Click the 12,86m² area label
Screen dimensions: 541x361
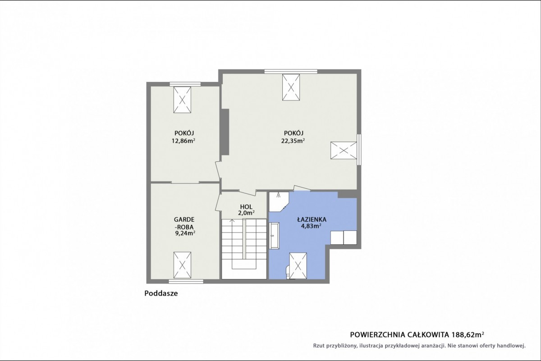(183, 141)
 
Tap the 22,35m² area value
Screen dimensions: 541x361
(293, 141)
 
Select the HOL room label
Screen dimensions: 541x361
(246, 207)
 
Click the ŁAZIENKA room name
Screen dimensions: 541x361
(312, 219)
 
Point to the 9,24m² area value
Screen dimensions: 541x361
(185, 233)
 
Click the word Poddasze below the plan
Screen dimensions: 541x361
(161, 293)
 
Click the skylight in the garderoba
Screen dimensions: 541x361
(182, 265)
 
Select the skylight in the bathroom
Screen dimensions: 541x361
(298, 265)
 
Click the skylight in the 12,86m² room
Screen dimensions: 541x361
(182, 100)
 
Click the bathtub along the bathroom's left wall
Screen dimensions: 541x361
(275, 235)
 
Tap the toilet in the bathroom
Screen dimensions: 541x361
(288, 272)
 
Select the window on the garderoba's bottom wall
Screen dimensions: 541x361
(186, 281)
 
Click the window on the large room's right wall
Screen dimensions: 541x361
(359, 150)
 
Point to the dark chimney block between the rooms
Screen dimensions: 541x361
(225, 132)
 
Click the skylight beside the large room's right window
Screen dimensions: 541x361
(344, 151)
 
